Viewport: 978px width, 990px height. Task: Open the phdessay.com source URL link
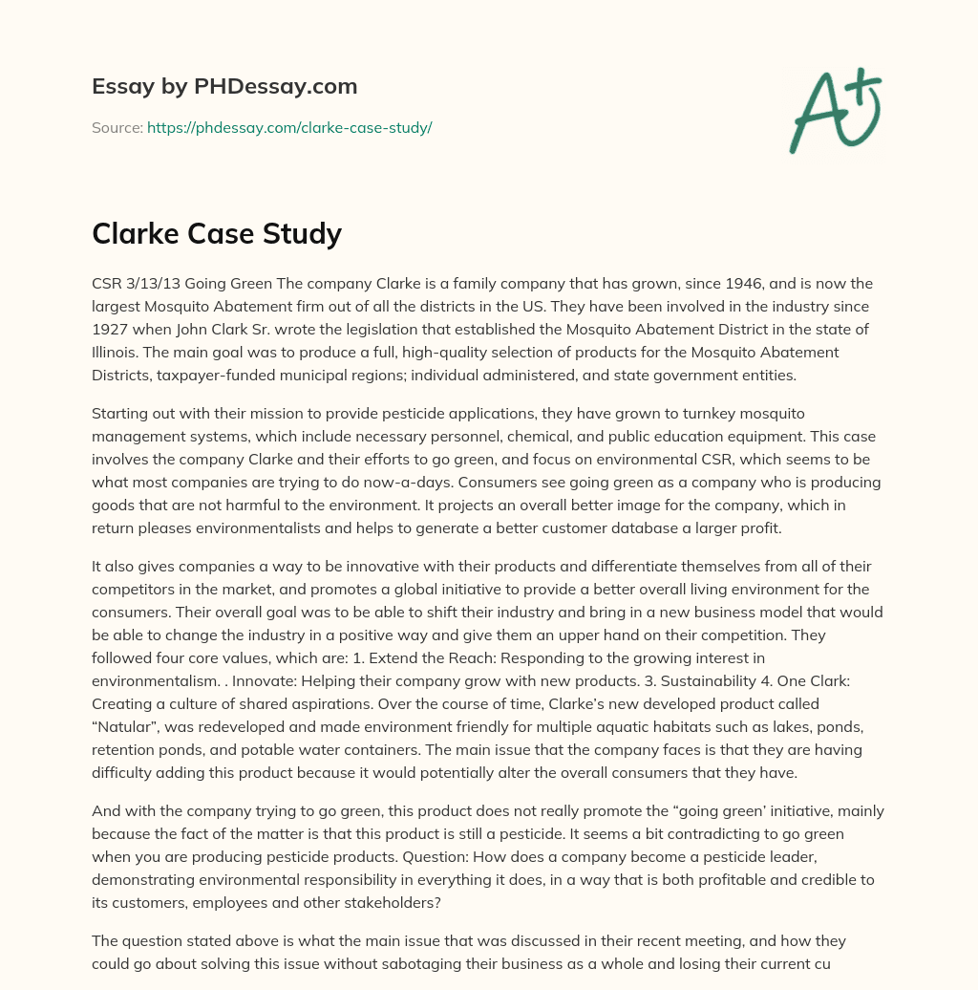(289, 127)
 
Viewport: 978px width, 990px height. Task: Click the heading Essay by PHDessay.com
(224, 86)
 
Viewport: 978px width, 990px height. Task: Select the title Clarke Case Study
(217, 232)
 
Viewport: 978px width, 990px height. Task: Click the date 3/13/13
(153, 284)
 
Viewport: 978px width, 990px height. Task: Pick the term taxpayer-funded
(224, 376)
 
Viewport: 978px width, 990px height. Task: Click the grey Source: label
(117, 127)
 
